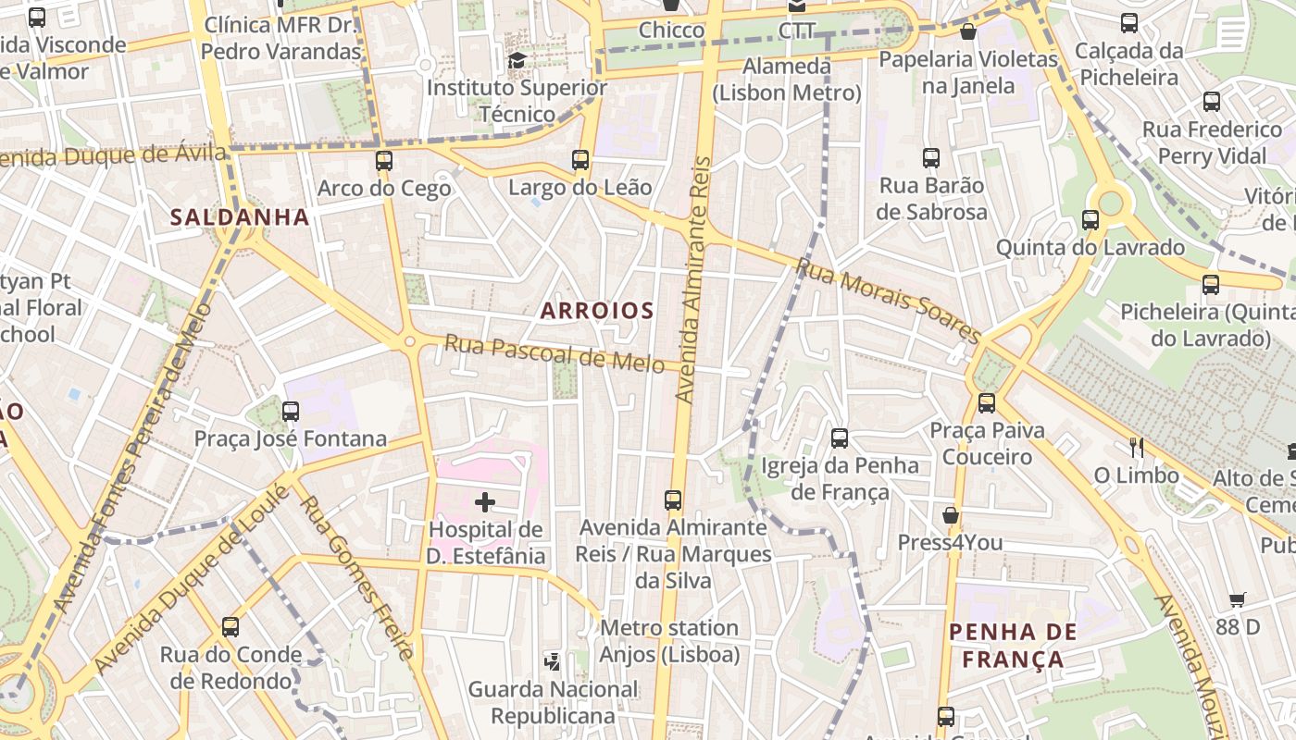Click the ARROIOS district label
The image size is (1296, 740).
pos(597,311)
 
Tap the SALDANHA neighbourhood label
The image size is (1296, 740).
pos(240,217)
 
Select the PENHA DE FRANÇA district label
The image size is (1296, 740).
pos(1013,646)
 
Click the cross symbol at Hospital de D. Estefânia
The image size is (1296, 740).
pos(484,502)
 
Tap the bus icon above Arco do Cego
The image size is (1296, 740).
pos(384,161)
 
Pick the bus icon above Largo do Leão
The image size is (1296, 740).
pos(580,160)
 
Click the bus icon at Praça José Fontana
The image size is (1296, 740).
pos(291,412)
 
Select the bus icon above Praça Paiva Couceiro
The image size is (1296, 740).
pos(987,403)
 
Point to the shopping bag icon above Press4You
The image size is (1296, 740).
pos(950,515)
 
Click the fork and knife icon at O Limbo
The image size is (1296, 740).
pos(1137,448)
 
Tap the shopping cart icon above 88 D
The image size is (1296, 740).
pos(1238,599)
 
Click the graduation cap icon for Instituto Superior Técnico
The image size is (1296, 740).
pos(517,61)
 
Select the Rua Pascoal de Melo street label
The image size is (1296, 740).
pos(555,352)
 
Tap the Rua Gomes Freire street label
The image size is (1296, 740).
pos(355,578)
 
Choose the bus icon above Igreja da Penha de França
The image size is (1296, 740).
pos(840,438)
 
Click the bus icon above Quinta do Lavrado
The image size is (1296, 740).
pos(1090,220)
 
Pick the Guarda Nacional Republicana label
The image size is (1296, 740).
pos(553,702)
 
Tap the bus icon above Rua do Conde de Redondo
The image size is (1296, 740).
pos(231,627)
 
